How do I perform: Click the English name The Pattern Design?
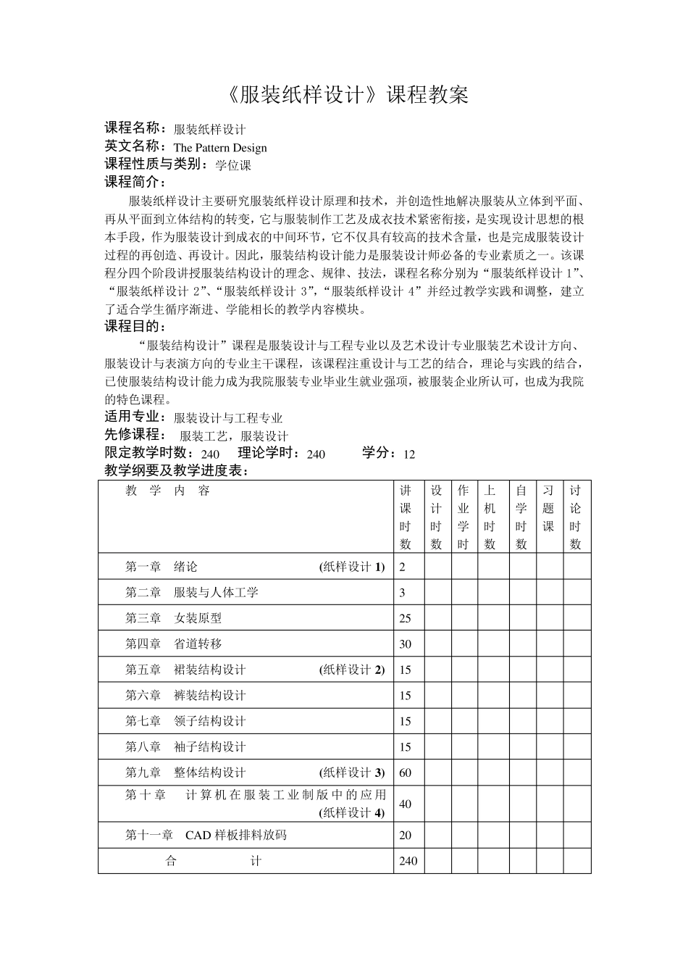coord(220,148)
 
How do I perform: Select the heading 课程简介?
coord(135,182)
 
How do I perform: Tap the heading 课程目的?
coord(135,326)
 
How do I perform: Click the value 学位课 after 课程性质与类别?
coord(233,165)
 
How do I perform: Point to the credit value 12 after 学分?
coord(409,454)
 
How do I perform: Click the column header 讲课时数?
coord(406,517)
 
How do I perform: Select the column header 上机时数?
coord(490,517)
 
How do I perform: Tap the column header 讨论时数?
coord(576,517)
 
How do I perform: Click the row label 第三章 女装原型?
coord(174,618)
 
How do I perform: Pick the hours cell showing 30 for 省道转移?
coord(406,644)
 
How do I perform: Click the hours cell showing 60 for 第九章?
coord(406,773)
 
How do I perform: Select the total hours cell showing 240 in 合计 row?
coord(408,861)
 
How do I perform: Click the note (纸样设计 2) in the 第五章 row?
coord(352,670)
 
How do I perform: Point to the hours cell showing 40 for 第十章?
coord(406,804)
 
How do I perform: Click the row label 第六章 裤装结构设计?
coord(186,696)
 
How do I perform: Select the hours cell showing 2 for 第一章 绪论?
coord(403,567)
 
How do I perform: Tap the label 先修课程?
coord(133,435)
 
